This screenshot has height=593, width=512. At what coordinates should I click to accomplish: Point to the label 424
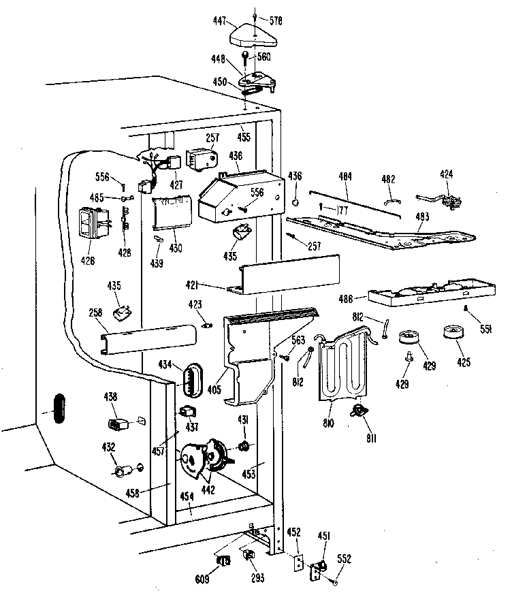pos(446,174)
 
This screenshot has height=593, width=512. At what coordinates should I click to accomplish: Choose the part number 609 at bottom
pos(202,579)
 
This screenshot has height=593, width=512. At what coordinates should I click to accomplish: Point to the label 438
pos(110,396)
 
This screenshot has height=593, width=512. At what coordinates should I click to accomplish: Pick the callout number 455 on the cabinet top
pos(244,137)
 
